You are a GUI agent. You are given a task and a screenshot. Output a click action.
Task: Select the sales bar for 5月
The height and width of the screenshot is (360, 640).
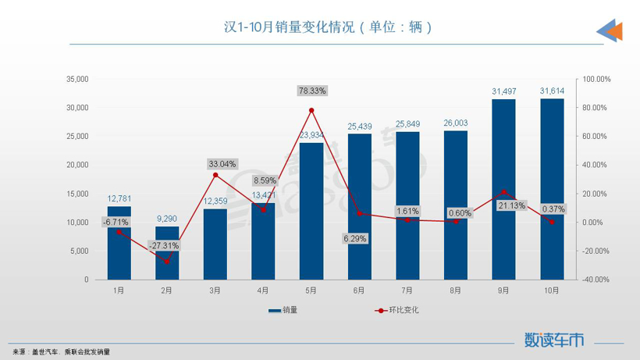[311, 211]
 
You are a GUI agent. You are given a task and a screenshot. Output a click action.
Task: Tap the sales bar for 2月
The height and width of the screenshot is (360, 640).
[167, 254]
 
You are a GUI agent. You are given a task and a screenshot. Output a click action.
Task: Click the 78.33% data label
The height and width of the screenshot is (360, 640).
[312, 91]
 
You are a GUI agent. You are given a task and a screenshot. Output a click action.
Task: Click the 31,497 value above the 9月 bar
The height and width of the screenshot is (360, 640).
[503, 91]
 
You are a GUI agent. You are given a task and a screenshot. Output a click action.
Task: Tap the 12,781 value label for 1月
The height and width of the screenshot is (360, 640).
[119, 198]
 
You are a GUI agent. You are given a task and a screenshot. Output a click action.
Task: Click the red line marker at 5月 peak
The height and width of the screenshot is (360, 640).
[311, 110]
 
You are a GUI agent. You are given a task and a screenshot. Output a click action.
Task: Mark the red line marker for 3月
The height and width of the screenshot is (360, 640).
[215, 175]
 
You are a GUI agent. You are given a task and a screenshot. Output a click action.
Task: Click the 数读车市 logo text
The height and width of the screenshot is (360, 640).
[554, 340]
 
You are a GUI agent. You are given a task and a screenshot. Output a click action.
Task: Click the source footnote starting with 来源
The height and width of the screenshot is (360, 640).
[61, 352]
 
